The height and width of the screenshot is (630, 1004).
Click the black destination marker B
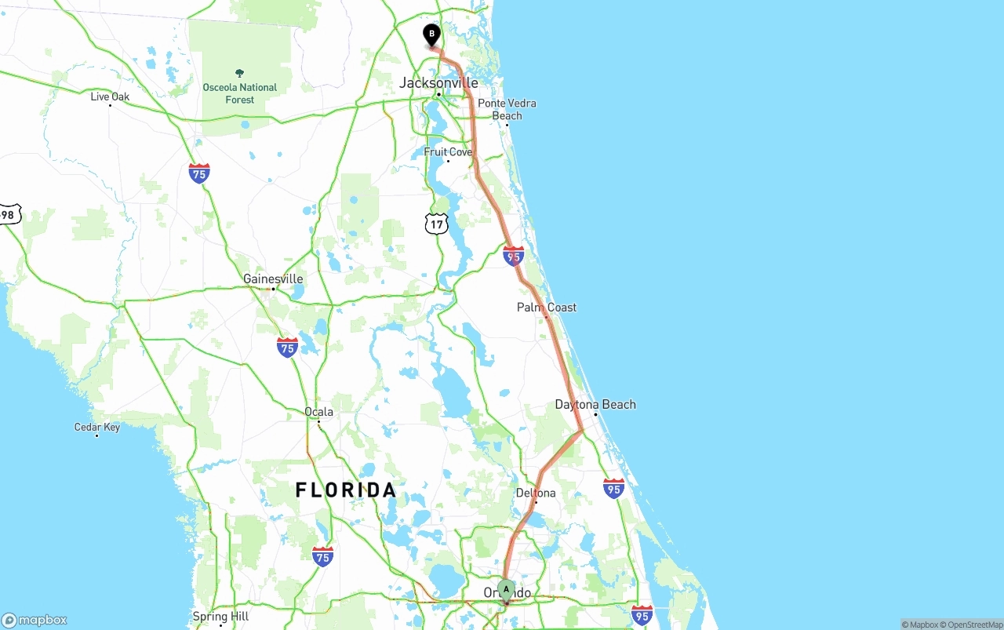pyautogui.click(x=431, y=35)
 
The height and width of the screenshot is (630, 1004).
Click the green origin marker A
pyautogui.click(x=506, y=589)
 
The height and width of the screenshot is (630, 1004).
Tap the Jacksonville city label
pyautogui.click(x=438, y=82)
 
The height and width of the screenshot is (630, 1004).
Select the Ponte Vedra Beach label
pyautogui.click(x=507, y=109)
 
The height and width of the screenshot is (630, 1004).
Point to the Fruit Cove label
pyautogui.click(x=448, y=151)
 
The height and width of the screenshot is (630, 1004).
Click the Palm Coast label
pyautogui.click(x=547, y=307)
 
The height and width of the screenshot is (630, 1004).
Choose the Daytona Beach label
pyautogui.click(x=595, y=404)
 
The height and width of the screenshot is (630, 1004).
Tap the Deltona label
pyautogui.click(x=536, y=493)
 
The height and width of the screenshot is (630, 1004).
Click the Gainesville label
pyautogui.click(x=273, y=279)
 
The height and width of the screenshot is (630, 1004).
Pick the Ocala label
pyautogui.click(x=318, y=411)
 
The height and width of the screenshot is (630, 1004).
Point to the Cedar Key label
pyautogui.click(x=97, y=427)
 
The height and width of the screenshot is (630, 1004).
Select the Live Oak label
pyautogui.click(x=110, y=97)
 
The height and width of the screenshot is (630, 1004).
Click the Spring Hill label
pyautogui.click(x=220, y=617)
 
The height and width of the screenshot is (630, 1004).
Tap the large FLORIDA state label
pyautogui.click(x=346, y=490)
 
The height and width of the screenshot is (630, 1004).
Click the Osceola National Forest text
pyautogui.click(x=240, y=93)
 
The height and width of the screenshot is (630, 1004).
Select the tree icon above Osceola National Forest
pyautogui.click(x=240, y=73)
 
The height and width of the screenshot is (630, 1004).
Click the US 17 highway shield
pyautogui.click(x=436, y=224)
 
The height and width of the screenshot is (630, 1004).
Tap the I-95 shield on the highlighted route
pyautogui.click(x=514, y=255)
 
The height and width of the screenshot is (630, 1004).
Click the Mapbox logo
pyautogui.click(x=35, y=620)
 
